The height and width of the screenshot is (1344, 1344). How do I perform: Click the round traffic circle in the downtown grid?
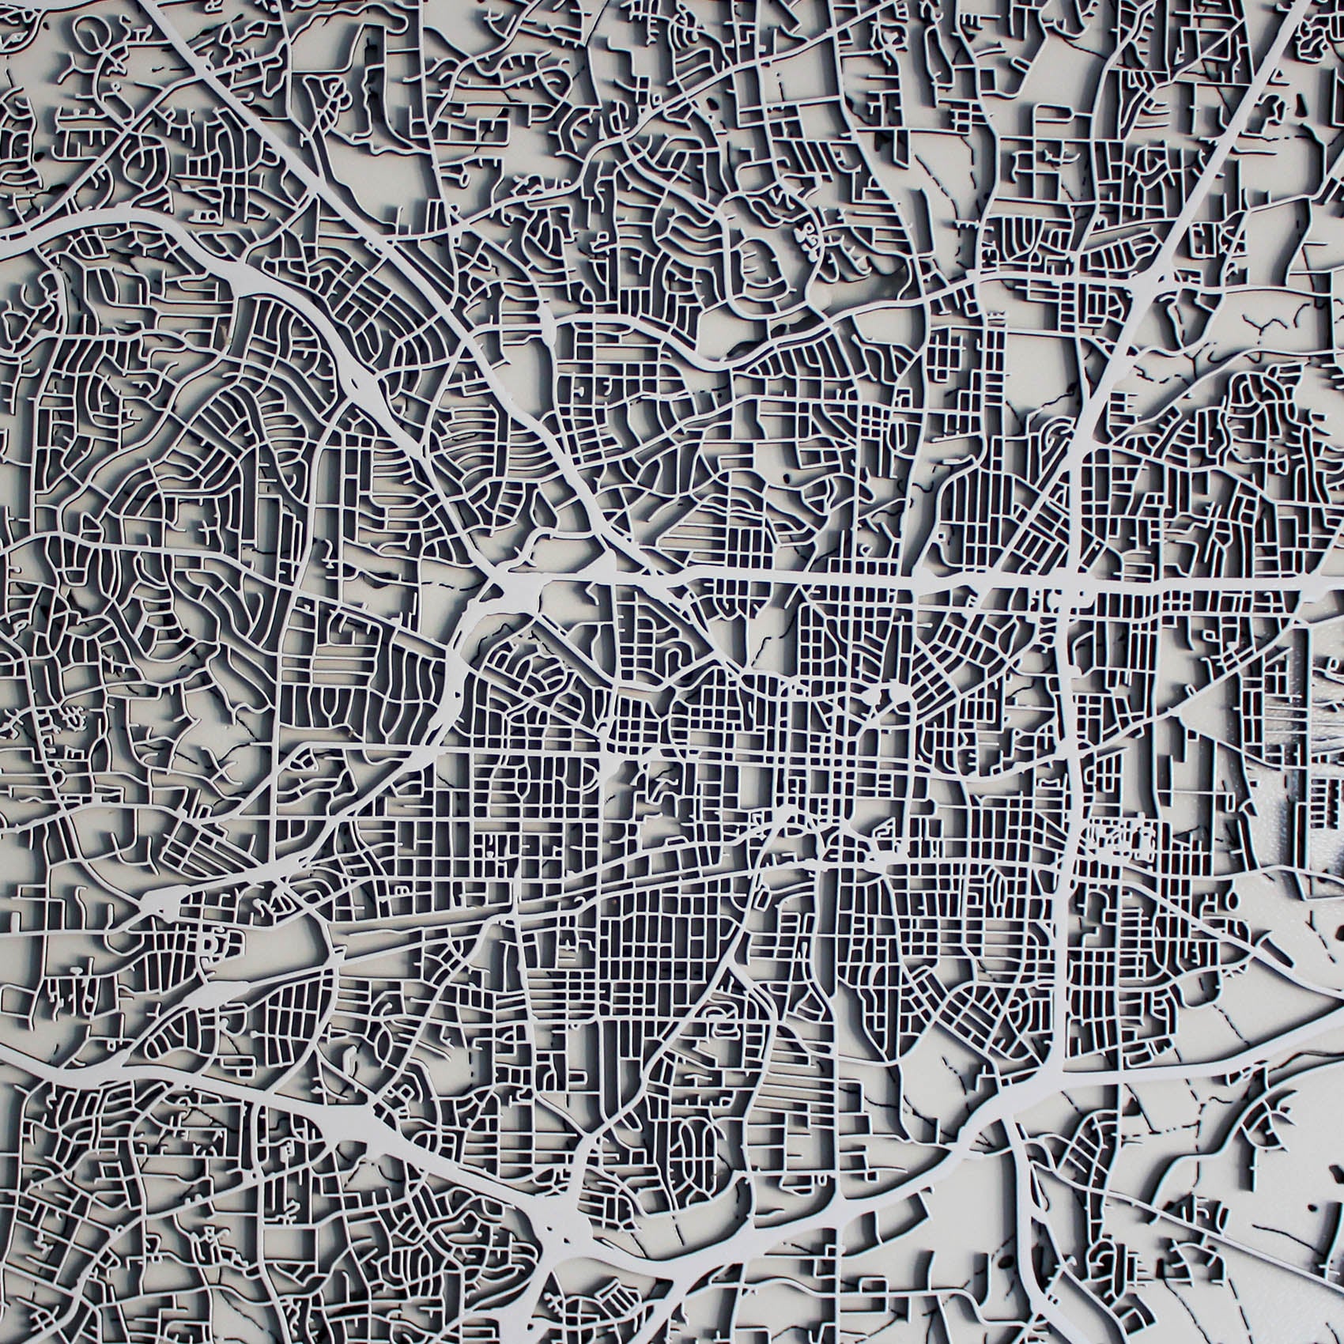coord(896,697)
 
